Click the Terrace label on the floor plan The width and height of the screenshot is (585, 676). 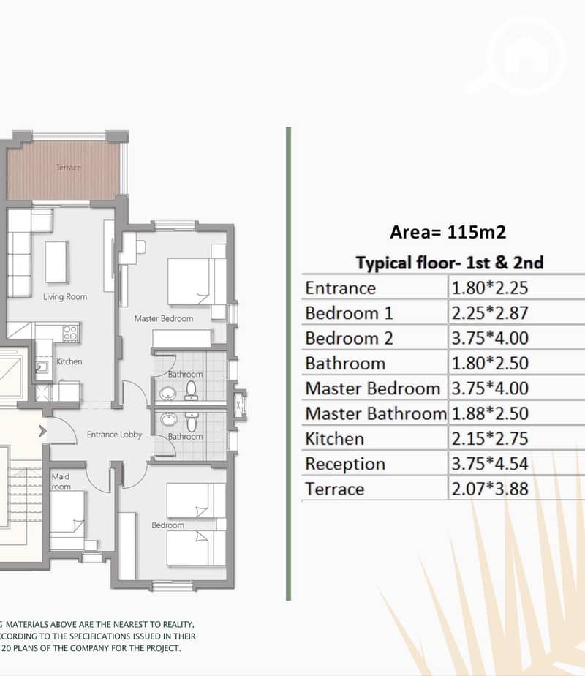[x=69, y=168]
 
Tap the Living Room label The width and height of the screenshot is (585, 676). [x=65, y=296]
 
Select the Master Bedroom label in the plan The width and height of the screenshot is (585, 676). [x=164, y=318]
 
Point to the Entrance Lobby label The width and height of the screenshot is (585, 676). [x=114, y=435]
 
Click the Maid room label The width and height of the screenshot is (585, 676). [x=61, y=481]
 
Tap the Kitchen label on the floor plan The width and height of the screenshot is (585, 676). [x=69, y=361]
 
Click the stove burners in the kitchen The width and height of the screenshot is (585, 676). [x=70, y=334]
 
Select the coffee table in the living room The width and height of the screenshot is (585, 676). [x=56, y=262]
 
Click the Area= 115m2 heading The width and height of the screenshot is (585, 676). [x=448, y=232]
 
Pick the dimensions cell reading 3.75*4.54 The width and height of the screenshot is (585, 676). [x=489, y=463]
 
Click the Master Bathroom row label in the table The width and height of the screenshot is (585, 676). [x=376, y=413]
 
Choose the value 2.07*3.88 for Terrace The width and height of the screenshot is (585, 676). [x=489, y=489]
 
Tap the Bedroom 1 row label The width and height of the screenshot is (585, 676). [x=349, y=313]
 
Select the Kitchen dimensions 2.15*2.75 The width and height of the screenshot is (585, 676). [x=489, y=438]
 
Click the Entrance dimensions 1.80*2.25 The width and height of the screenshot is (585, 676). [x=489, y=288]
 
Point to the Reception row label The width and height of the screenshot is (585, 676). [x=345, y=464]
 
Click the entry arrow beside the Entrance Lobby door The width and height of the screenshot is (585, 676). [x=42, y=431]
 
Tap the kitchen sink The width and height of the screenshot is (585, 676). [x=42, y=367]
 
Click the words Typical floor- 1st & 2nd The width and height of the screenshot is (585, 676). [x=450, y=263]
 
